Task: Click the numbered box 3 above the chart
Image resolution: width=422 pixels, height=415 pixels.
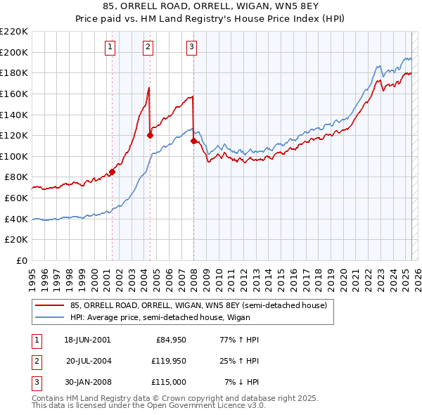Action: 192,47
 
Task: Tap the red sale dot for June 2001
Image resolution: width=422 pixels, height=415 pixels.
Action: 112,172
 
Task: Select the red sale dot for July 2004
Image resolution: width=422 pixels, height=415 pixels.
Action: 150,135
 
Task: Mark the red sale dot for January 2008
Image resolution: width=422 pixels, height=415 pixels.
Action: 193,141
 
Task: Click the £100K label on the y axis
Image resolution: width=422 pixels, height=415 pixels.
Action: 15,156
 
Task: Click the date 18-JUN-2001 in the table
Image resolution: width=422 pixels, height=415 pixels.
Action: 87,340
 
